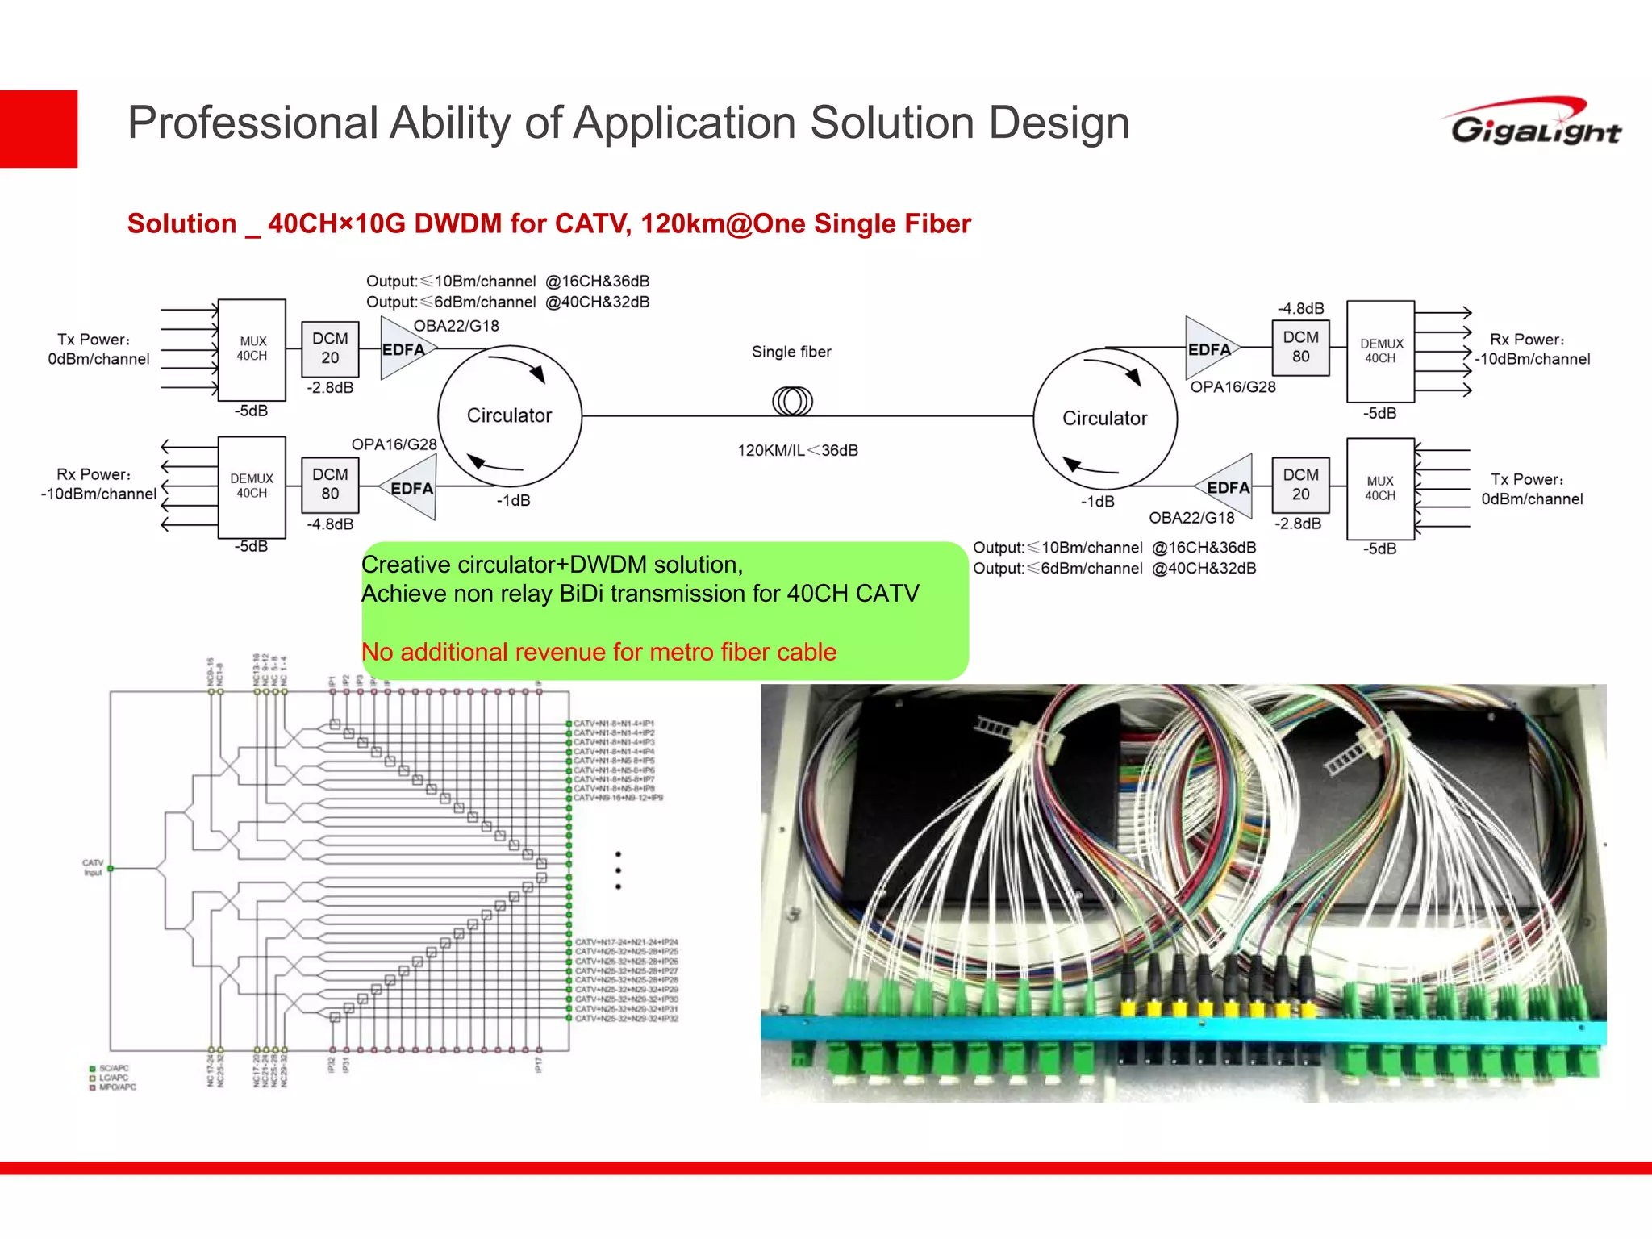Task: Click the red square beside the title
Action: click(39, 129)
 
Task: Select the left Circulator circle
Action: click(510, 415)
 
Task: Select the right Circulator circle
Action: click(1104, 418)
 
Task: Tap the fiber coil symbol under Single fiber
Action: click(792, 401)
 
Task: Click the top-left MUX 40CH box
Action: click(252, 349)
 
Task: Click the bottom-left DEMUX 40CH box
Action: click(252, 486)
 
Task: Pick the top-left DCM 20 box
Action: click(330, 348)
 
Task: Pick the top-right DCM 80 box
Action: click(1300, 347)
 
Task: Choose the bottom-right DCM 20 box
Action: click(1300, 485)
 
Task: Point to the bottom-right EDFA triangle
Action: click(1229, 487)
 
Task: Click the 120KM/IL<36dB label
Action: click(797, 450)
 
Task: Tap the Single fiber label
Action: click(791, 352)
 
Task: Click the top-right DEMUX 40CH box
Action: click(1380, 351)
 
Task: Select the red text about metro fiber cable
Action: click(599, 652)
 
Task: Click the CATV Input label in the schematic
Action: click(93, 867)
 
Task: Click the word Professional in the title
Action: click(252, 123)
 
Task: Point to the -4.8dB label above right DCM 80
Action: click(1300, 308)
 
